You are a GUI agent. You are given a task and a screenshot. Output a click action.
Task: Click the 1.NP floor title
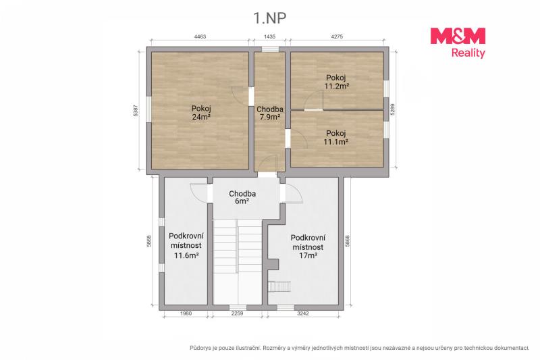coord(269,18)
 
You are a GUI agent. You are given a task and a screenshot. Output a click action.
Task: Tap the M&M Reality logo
coord(458,43)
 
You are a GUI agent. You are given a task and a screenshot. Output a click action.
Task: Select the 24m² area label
coord(201,117)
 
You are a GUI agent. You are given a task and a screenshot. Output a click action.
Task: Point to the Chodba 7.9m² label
coord(269,113)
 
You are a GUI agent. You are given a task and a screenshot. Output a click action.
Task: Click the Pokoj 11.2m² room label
coord(336,82)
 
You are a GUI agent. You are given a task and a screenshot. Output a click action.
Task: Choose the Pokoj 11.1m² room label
coord(335,137)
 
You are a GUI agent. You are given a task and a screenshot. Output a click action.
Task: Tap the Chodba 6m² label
coord(242,197)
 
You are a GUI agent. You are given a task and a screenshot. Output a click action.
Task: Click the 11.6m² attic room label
coord(186,246)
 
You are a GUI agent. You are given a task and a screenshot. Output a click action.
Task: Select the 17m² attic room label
coord(308,247)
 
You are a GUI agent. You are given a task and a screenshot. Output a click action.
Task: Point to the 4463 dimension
coord(200,36)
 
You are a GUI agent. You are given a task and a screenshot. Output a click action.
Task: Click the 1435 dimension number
coord(269,36)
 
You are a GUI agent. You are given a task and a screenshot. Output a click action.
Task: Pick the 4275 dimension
coord(336,36)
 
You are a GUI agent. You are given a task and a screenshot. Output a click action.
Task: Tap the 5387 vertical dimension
coord(136,110)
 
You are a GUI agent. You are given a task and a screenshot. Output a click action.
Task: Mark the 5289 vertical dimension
coord(393,109)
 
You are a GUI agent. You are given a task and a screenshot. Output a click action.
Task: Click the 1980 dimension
coord(186,313)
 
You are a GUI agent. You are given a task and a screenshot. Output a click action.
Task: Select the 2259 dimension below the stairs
coord(237,313)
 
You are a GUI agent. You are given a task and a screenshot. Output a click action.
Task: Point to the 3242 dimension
coord(302,313)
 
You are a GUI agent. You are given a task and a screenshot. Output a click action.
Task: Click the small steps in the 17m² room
coord(279,286)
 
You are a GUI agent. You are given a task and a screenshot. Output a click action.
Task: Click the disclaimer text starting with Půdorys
coord(360,349)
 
